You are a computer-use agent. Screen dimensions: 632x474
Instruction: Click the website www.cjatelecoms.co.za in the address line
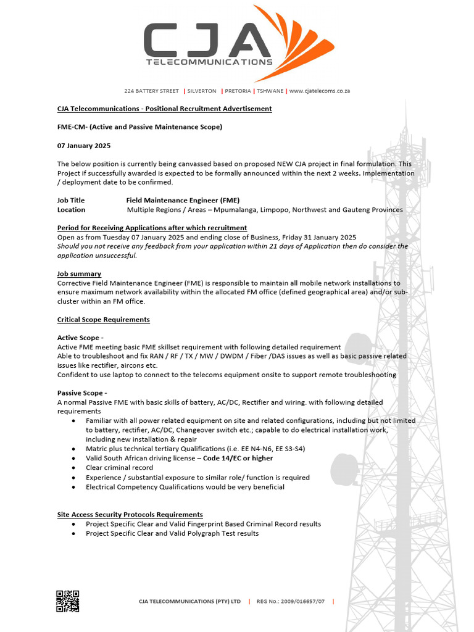pos(319,91)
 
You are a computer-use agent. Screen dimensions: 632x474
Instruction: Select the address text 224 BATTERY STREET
pos(151,91)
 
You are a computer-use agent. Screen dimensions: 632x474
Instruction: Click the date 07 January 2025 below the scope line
pos(84,146)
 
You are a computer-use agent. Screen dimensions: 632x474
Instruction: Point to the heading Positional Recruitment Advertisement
pos(209,109)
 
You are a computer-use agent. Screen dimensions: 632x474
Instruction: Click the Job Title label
pos(71,200)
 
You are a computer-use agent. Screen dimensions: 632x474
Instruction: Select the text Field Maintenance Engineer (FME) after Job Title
pos(183,200)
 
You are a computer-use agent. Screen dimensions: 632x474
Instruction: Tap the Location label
pos(71,210)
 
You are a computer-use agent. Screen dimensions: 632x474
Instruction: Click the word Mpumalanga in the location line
pos(235,210)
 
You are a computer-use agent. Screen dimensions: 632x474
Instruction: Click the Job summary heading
pos(79,273)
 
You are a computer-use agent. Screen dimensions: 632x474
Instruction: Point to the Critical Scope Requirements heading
pos(103,320)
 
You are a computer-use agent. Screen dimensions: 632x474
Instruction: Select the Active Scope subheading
pos(80,338)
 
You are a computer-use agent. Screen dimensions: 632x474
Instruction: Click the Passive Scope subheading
pos(82,393)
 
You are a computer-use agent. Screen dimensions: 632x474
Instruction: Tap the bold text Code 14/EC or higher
pos(238,458)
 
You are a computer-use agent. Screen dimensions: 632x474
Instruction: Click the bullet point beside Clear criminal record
pos(74,468)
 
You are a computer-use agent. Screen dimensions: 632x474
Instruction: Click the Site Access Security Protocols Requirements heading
pos(130,514)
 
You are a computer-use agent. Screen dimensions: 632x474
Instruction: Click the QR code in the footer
pos(67,601)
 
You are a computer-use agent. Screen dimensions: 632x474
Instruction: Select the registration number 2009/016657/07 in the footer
pos(299,601)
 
